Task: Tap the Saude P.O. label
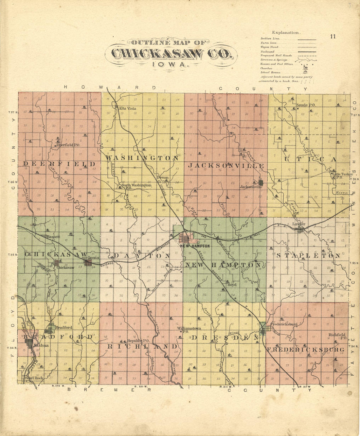tap(306, 105)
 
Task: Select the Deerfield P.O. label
tap(68, 144)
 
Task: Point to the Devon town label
tap(163, 177)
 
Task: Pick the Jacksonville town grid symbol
tap(261, 182)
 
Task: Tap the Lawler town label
tap(299, 224)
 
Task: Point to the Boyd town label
tap(232, 285)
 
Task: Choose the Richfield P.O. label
tap(337, 336)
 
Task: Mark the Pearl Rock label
tap(34, 378)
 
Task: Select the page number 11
tap(333, 36)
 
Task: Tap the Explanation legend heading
tap(285, 33)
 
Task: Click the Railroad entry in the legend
tap(267, 52)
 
